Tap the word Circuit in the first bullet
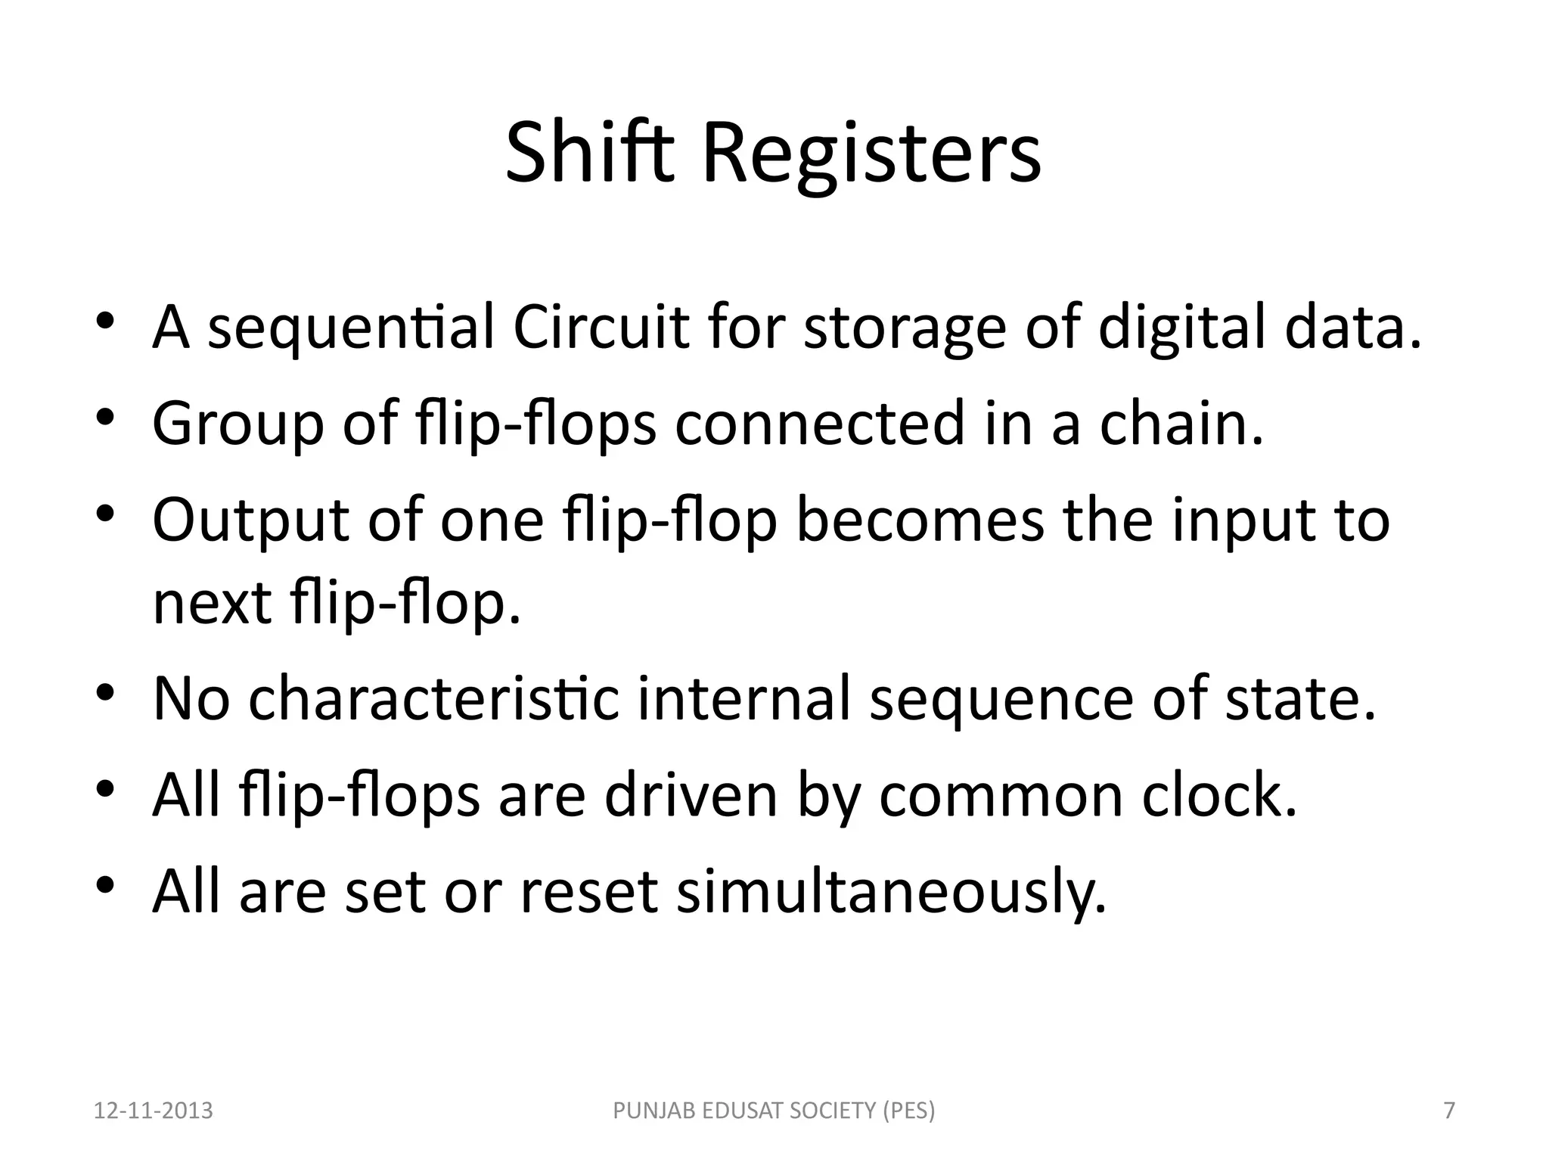click(601, 327)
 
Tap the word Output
click(250, 522)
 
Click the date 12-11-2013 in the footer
click(154, 1111)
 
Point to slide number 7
click(1449, 1111)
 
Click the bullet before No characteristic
click(105, 692)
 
